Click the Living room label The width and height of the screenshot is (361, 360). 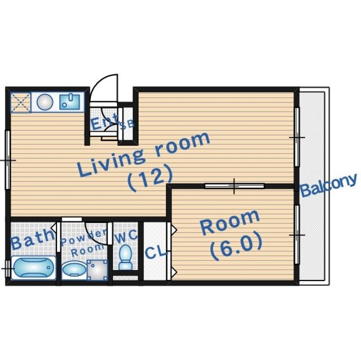click(x=144, y=154)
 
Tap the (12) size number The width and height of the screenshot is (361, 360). click(x=150, y=178)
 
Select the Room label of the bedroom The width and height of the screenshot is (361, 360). click(x=230, y=222)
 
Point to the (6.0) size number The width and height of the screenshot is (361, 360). click(x=236, y=247)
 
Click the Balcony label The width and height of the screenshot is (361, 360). click(x=329, y=185)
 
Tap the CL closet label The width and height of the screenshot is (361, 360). click(x=156, y=252)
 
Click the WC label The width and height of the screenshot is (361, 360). click(x=126, y=237)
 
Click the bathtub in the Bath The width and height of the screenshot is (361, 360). click(x=33, y=268)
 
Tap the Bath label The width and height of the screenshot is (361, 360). click(x=32, y=239)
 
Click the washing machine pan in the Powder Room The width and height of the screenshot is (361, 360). click(x=98, y=270)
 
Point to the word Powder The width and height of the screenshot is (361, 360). click(x=84, y=237)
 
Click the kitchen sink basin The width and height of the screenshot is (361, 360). click(x=69, y=102)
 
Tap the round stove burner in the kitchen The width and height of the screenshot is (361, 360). click(x=45, y=102)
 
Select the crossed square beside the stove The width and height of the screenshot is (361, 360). click(x=21, y=103)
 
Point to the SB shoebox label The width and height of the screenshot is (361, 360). click(x=127, y=125)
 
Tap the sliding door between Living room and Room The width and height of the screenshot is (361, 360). click(x=235, y=186)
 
